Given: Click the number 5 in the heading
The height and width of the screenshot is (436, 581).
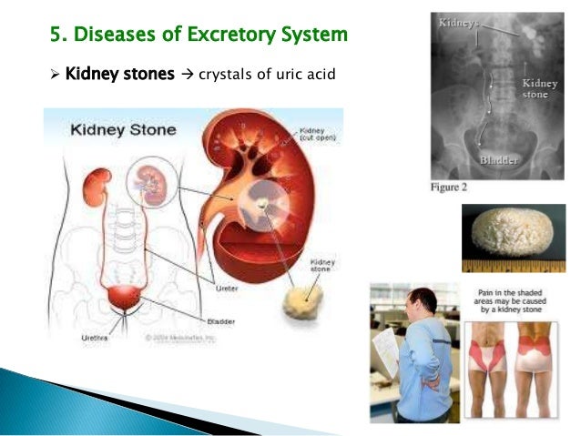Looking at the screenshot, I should pos(55,35).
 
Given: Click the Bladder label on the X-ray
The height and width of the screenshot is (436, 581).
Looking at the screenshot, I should pos(500,161).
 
